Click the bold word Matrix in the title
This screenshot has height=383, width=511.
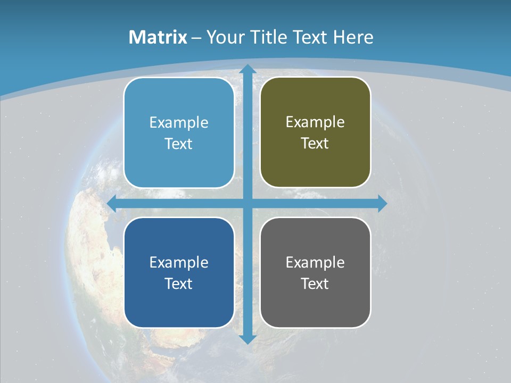pos(158,37)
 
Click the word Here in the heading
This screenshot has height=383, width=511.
pos(353,37)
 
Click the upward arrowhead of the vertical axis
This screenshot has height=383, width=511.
pos(247,69)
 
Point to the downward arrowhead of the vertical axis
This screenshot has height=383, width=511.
pos(247,338)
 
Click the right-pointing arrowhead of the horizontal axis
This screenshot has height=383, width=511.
pos(382,203)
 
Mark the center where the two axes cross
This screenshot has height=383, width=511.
pos(247,203)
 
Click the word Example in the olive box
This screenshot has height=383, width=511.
pos(315,122)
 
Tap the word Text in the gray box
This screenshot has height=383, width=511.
pos(315,284)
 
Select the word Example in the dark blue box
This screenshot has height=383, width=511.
pos(179,262)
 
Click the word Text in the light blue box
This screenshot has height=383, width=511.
pos(179,144)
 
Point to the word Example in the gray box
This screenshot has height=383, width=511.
pos(315,262)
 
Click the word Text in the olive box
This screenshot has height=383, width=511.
pos(315,143)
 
